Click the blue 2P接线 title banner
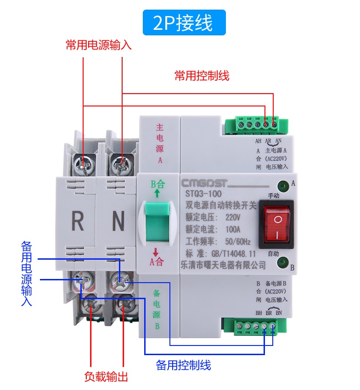[x=184, y=22]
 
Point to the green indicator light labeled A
[x=283, y=186]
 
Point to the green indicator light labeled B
[x=282, y=262]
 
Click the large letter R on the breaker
[x=78, y=223]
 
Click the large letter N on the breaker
[x=118, y=223]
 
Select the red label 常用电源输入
[x=98, y=46]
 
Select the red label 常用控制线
[x=202, y=76]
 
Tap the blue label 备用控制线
[x=183, y=365]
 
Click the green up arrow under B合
[x=157, y=194]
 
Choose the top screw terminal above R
[x=83, y=162]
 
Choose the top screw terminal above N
[x=122, y=162]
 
